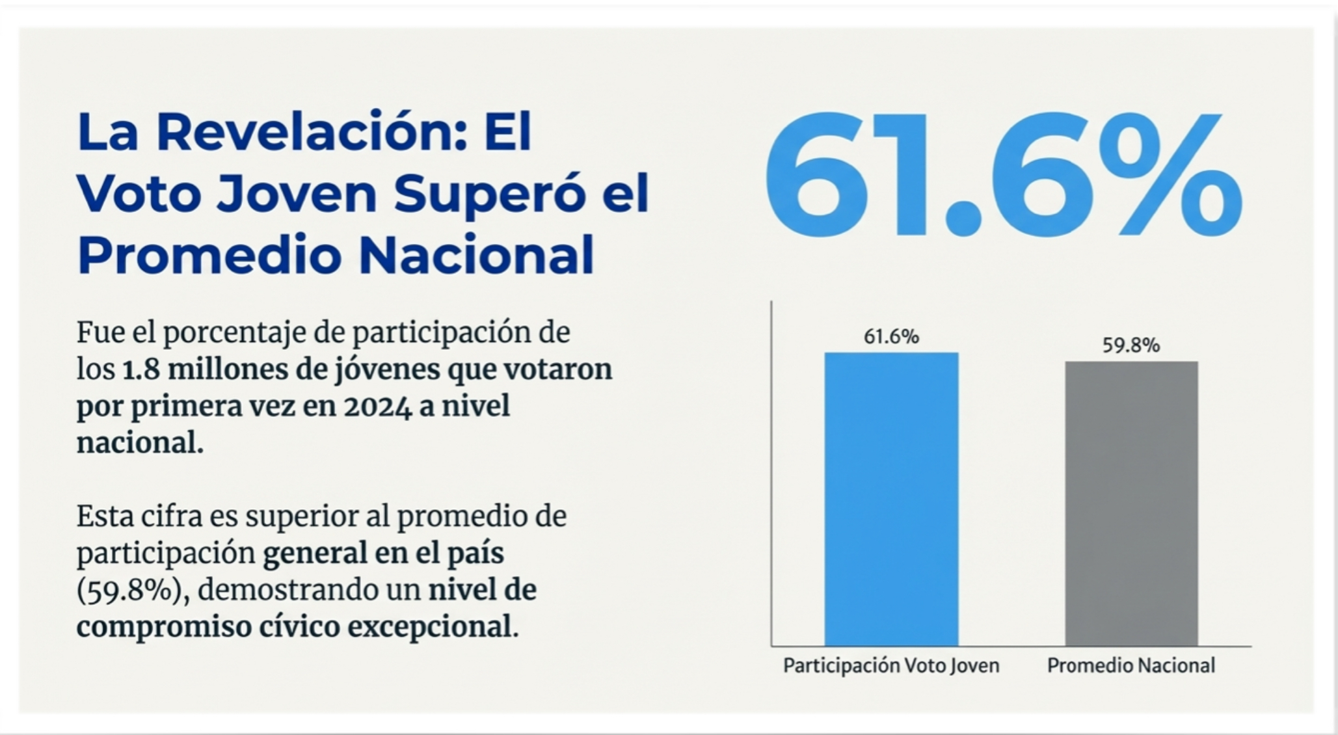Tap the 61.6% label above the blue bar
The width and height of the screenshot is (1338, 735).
point(891,337)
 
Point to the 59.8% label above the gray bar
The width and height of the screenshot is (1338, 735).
point(1131,345)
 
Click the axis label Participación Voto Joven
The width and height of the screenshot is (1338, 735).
point(890,665)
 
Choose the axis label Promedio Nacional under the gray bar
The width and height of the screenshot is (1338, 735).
point(1131,665)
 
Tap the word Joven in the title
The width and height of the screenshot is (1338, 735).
point(297,194)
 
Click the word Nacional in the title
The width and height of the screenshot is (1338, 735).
point(476,255)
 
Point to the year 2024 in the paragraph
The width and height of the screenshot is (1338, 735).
point(378,407)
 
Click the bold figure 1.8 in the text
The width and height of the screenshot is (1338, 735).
point(140,369)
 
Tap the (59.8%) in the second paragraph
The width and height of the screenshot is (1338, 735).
point(129,591)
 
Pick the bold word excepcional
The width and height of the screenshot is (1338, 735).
point(433,627)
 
